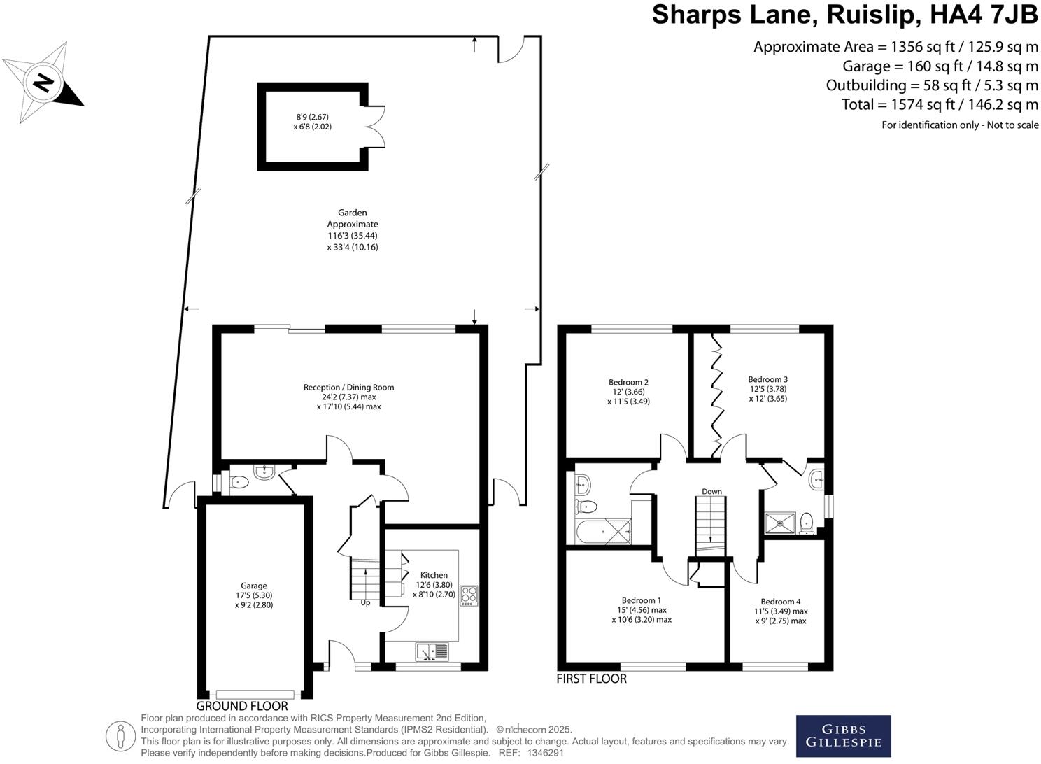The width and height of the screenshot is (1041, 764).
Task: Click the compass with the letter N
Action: click(x=43, y=83)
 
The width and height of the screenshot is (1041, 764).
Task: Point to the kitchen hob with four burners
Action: click(x=469, y=596)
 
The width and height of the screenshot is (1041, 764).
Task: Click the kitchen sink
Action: click(x=432, y=651)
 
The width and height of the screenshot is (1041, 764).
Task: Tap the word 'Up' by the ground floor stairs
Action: click(x=365, y=603)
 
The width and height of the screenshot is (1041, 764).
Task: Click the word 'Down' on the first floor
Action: click(x=711, y=491)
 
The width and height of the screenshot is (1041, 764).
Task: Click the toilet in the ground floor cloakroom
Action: click(x=240, y=483)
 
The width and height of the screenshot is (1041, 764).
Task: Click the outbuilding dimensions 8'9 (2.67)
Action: click(x=312, y=117)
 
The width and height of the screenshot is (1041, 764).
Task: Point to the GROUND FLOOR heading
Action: click(x=242, y=706)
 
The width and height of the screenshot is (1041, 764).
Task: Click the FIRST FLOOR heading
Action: click(x=592, y=679)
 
